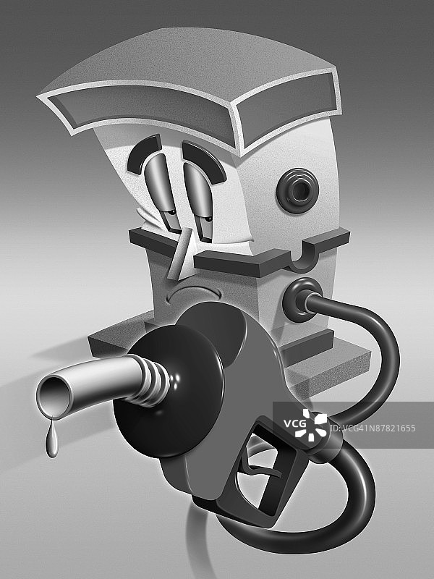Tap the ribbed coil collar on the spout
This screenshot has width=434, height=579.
pos(154,381)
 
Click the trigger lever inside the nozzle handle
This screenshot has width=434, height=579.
pos(258,472)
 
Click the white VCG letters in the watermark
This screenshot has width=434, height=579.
pos(295,423)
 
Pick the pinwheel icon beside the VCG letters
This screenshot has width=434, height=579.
pos(315,425)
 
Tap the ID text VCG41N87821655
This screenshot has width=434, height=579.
pos(373,428)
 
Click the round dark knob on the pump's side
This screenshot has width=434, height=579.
pos(297,190)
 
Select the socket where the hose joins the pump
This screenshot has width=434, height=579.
pos(301,300)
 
